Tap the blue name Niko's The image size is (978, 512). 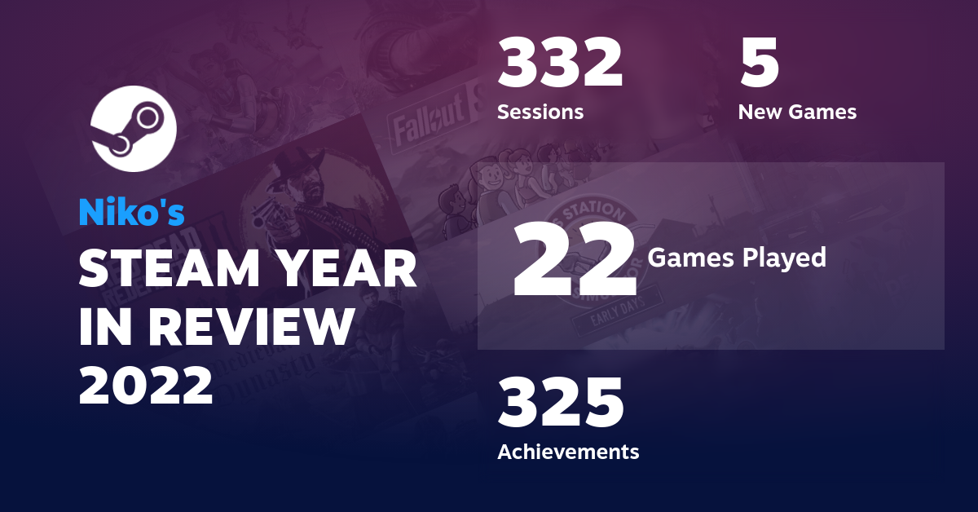point(131,212)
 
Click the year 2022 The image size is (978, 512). point(147,386)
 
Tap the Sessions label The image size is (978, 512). point(540,112)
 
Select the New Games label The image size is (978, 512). point(797,112)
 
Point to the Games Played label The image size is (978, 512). point(737,258)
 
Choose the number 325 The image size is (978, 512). point(560,404)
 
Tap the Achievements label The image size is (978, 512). point(568,451)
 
